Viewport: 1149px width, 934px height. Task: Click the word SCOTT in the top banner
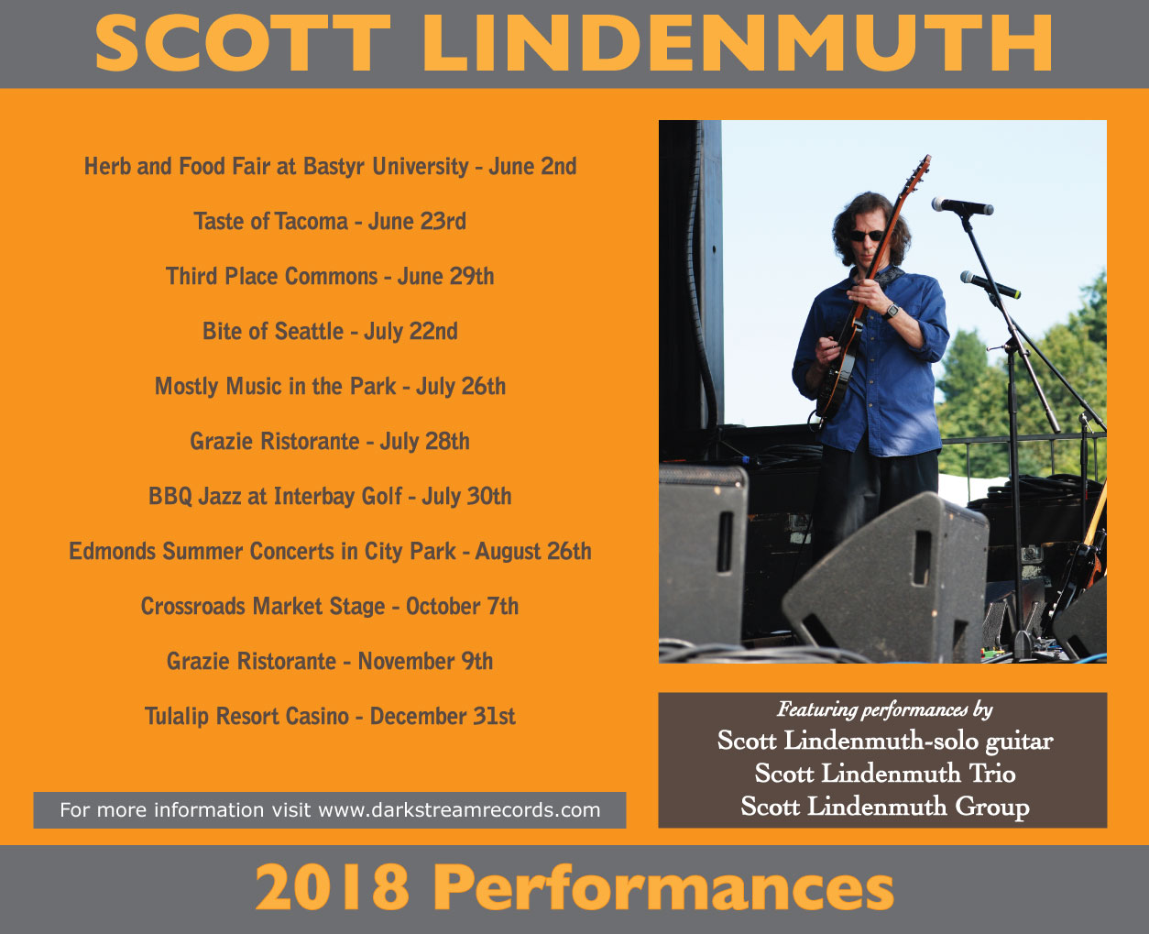click(x=242, y=43)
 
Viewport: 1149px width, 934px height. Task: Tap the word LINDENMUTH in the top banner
click(x=738, y=43)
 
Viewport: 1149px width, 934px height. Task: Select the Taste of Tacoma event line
click(x=330, y=221)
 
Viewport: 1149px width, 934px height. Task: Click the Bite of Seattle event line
click(x=330, y=331)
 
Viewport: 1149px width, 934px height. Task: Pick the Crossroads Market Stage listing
click(x=330, y=606)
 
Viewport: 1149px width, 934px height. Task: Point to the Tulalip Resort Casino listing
click(x=330, y=716)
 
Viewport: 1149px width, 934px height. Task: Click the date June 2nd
click(x=532, y=166)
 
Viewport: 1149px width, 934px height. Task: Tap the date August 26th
click(x=533, y=552)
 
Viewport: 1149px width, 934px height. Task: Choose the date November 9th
click(x=426, y=661)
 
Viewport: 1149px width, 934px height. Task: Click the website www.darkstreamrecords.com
click(x=459, y=810)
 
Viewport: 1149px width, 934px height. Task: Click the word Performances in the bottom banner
click(x=663, y=887)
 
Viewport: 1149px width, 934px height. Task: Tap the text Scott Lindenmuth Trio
click(x=885, y=774)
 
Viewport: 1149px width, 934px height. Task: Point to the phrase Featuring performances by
click(x=885, y=709)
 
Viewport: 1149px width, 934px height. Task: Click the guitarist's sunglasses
click(x=867, y=236)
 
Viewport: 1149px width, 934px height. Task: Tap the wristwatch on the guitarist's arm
click(x=891, y=312)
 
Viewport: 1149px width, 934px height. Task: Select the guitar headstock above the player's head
click(x=920, y=171)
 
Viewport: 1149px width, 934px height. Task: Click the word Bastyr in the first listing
click(x=334, y=167)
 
